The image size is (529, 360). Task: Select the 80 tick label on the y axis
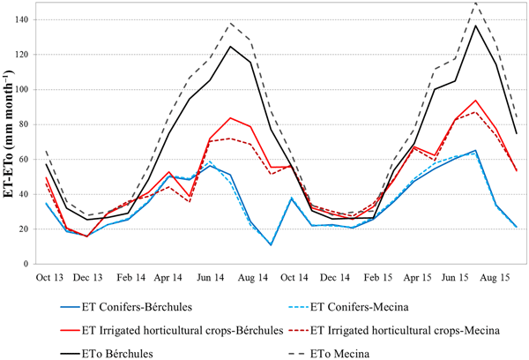click(32, 124)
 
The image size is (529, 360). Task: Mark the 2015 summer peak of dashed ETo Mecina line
click(476, 3)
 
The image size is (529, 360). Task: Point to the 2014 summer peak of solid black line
click(231, 46)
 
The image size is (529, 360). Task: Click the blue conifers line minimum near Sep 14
click(271, 244)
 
